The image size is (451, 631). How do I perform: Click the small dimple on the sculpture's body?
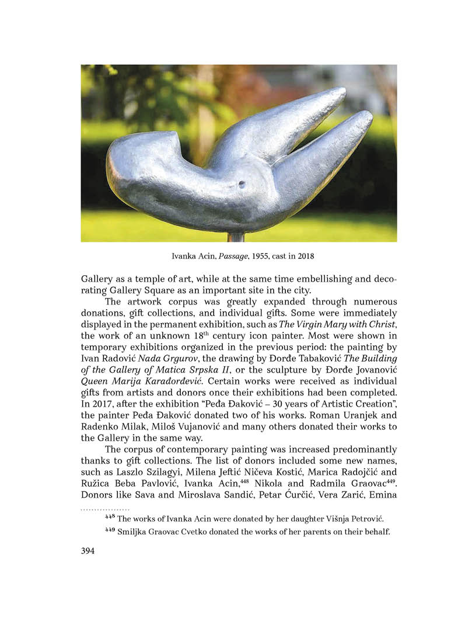tap(242, 185)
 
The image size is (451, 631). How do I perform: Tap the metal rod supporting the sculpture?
tap(236, 237)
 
